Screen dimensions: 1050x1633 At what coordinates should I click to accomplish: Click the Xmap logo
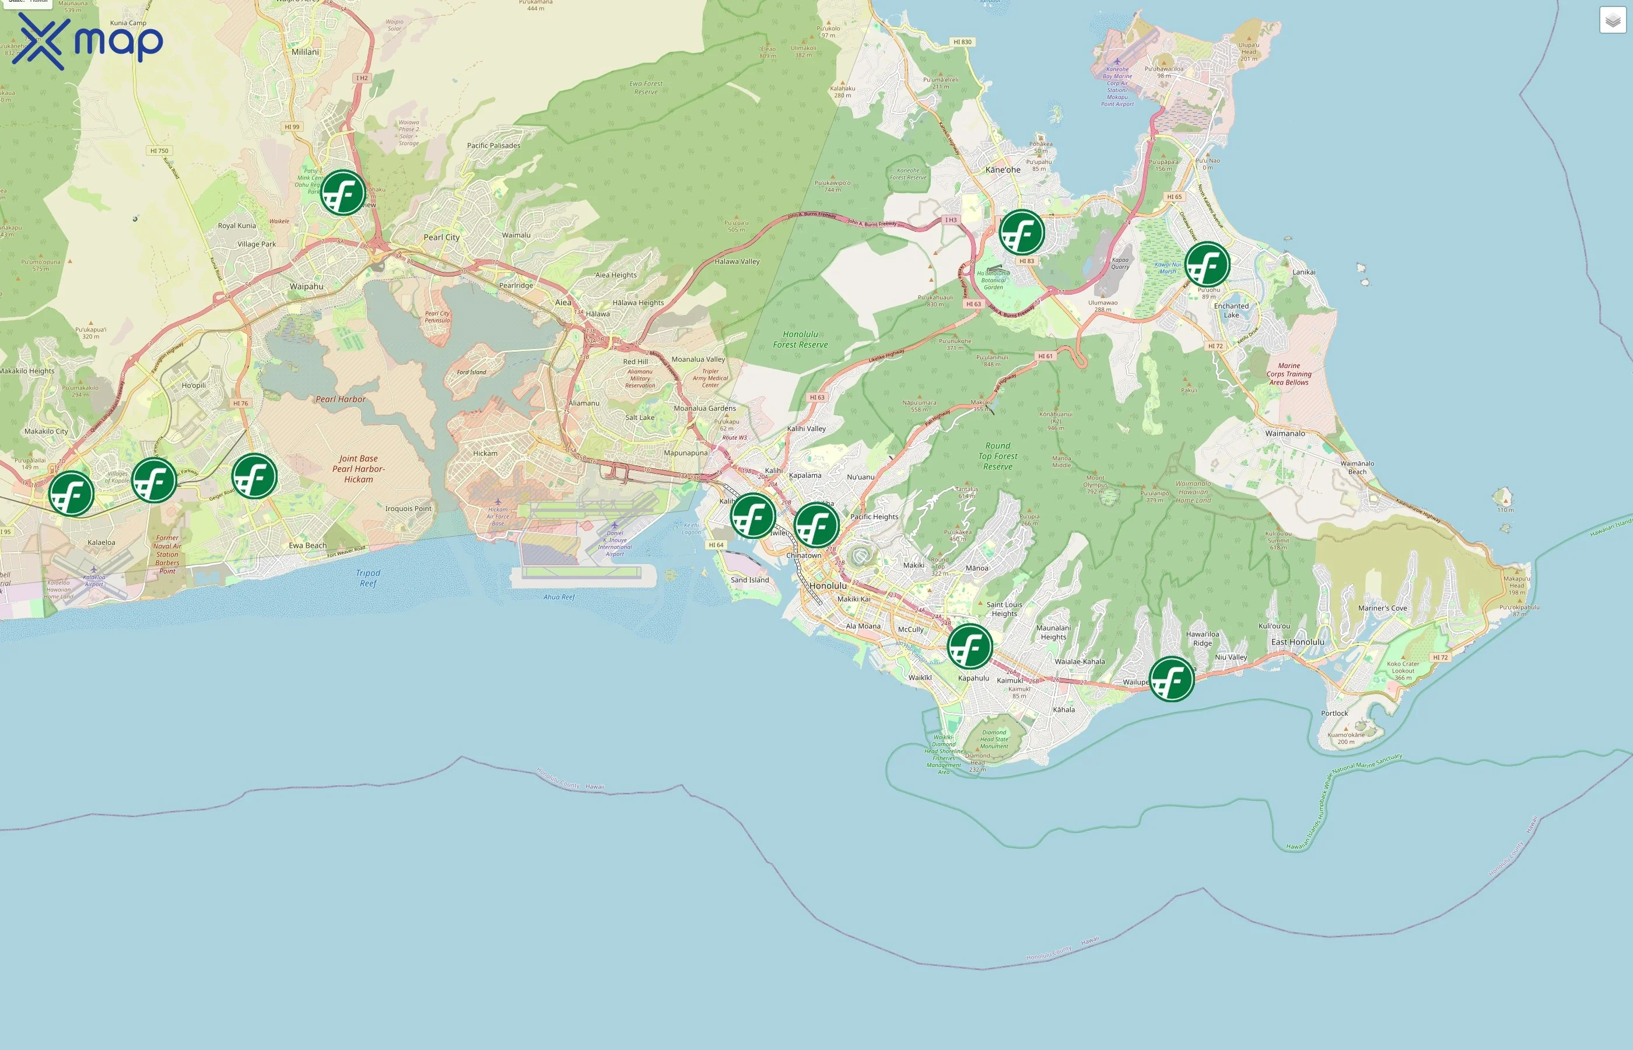point(87,41)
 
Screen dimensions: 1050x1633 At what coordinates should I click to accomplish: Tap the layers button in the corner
point(1613,20)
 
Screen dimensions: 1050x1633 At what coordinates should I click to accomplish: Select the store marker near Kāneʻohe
point(1022,233)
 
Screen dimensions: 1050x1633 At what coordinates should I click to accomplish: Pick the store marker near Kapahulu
point(970,646)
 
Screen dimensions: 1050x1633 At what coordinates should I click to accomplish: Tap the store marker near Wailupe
point(1172,679)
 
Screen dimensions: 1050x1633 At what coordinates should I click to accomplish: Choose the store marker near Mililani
point(343,193)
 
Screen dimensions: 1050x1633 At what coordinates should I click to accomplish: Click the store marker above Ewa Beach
point(254,476)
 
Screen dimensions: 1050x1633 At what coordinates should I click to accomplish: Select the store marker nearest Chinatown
point(816,525)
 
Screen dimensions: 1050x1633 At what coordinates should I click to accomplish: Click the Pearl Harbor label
point(340,400)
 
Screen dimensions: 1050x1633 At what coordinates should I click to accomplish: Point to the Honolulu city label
point(828,586)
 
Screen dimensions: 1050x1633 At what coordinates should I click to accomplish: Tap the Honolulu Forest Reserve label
point(800,339)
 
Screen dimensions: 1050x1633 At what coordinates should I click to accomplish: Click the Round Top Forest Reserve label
point(997,456)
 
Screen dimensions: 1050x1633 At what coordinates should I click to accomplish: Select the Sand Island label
point(749,580)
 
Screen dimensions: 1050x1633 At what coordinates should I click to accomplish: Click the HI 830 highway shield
point(962,42)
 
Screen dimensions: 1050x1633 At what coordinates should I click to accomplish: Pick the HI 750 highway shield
point(159,150)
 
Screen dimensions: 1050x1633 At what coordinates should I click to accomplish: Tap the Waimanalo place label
point(1285,433)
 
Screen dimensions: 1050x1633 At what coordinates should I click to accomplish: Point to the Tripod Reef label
point(368,578)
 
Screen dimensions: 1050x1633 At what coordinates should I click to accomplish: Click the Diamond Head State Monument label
point(994,739)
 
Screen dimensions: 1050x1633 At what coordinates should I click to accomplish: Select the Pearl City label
point(441,237)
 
